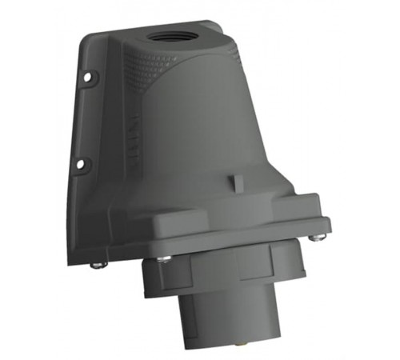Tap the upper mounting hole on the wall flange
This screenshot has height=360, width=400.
(86, 78)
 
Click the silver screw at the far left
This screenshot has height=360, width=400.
(96, 263)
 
